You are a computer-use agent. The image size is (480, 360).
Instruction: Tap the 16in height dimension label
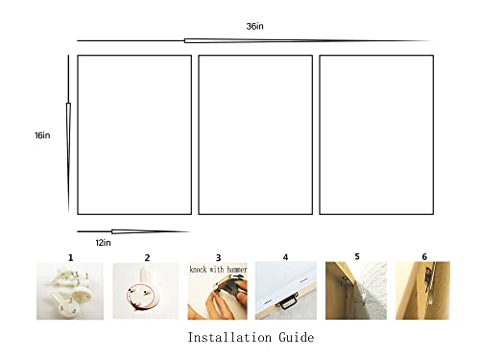(41, 135)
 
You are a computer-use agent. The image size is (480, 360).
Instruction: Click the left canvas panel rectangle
(134, 134)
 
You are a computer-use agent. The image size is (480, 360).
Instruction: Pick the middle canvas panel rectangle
(255, 134)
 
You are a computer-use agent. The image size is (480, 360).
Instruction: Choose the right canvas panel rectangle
(376, 134)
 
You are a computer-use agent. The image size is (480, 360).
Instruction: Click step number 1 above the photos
(70, 257)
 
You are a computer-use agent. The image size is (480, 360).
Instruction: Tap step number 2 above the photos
(147, 257)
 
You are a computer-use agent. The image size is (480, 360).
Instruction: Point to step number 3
(218, 257)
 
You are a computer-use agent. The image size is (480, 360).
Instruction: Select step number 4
(285, 257)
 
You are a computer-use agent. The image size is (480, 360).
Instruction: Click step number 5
(356, 257)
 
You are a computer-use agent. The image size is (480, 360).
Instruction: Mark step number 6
(424, 257)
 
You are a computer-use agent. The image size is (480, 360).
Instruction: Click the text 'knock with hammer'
(218, 270)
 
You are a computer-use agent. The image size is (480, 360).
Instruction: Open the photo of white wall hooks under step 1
(70, 292)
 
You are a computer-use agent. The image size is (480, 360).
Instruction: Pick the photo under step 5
(356, 292)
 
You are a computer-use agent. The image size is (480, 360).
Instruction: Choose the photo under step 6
(423, 292)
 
